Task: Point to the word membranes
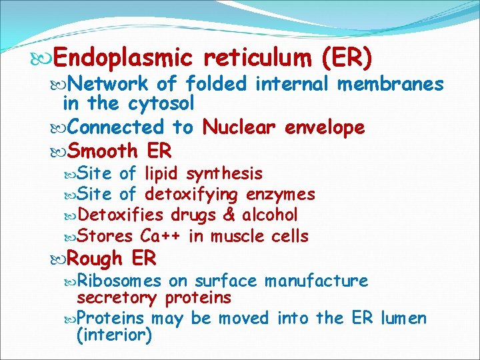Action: (391, 84)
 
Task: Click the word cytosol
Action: (162, 104)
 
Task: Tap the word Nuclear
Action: (239, 127)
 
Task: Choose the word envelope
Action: (325, 127)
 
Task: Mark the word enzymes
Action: (281, 195)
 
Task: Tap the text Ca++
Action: (161, 236)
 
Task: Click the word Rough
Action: (96, 258)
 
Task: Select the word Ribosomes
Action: (119, 281)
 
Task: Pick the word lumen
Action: (403, 318)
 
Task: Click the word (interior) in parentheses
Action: (115, 335)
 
